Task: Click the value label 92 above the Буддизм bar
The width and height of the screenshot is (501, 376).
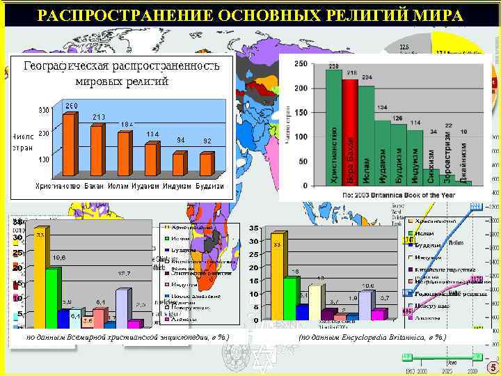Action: coord(207,141)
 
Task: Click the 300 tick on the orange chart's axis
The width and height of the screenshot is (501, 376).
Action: coord(43,110)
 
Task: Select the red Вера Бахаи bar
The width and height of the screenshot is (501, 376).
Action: coord(350,132)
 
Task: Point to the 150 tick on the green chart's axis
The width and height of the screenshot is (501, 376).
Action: coord(301,113)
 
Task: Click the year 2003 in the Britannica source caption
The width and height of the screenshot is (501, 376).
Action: coord(365,196)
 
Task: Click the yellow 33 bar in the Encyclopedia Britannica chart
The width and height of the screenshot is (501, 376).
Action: coord(277,278)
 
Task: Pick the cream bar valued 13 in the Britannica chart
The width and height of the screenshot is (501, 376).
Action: coord(315,303)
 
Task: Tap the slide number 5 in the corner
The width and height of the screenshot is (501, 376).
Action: coord(493,368)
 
